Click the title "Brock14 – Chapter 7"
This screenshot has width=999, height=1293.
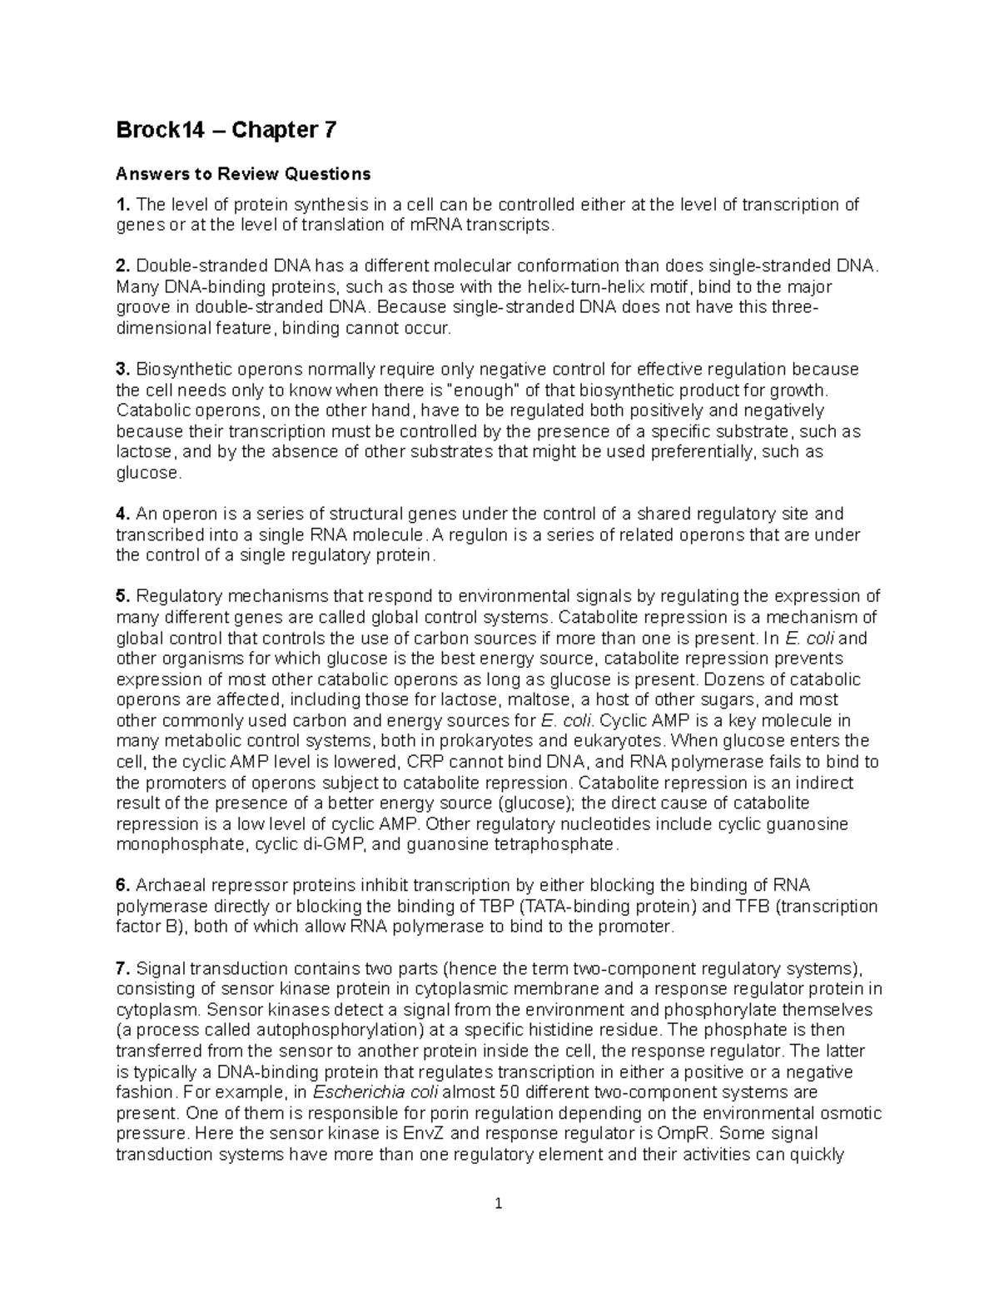tap(226, 131)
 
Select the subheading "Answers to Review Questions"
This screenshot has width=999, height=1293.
tap(242, 174)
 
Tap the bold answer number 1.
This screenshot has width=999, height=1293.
tap(122, 205)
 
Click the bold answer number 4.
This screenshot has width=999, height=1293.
tap(122, 515)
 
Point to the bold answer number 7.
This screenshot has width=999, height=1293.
tap(122, 968)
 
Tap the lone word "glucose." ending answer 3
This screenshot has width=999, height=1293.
tap(147, 473)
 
